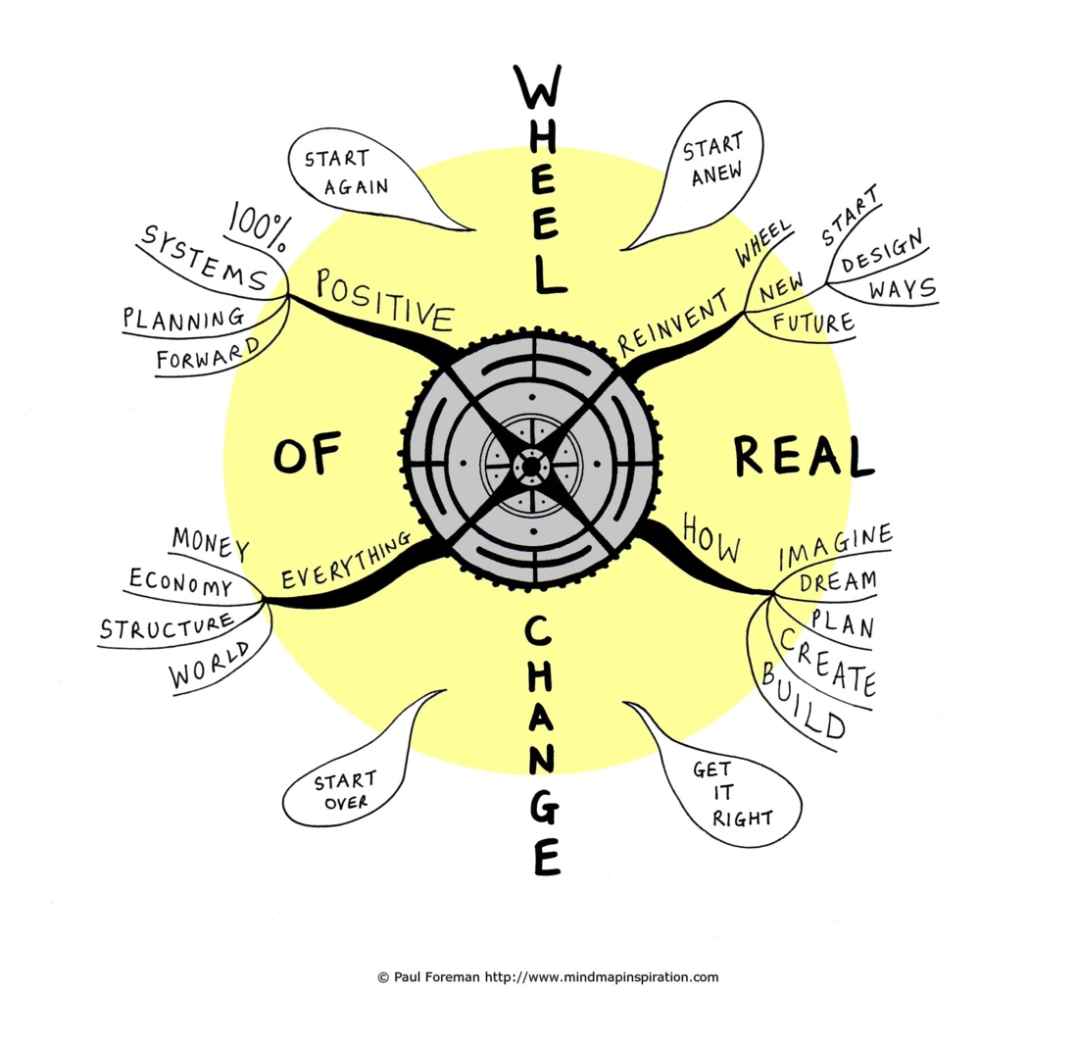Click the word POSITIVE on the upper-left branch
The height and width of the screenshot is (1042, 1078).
(x=385, y=300)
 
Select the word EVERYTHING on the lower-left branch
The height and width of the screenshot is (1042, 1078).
(x=347, y=560)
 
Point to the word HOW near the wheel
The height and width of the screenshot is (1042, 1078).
(x=711, y=538)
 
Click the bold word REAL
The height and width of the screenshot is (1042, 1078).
(x=804, y=456)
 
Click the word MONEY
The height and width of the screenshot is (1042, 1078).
(x=211, y=543)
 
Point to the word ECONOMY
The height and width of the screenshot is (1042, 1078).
(x=181, y=582)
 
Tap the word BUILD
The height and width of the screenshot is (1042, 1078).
(x=803, y=701)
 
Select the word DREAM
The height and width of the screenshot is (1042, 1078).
(x=838, y=582)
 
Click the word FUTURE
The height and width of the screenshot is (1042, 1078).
(x=813, y=322)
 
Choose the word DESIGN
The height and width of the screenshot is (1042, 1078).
(x=882, y=252)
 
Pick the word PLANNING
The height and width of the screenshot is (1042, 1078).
(x=183, y=318)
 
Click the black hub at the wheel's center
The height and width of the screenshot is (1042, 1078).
(x=531, y=467)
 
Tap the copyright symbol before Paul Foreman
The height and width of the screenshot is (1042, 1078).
(x=383, y=977)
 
